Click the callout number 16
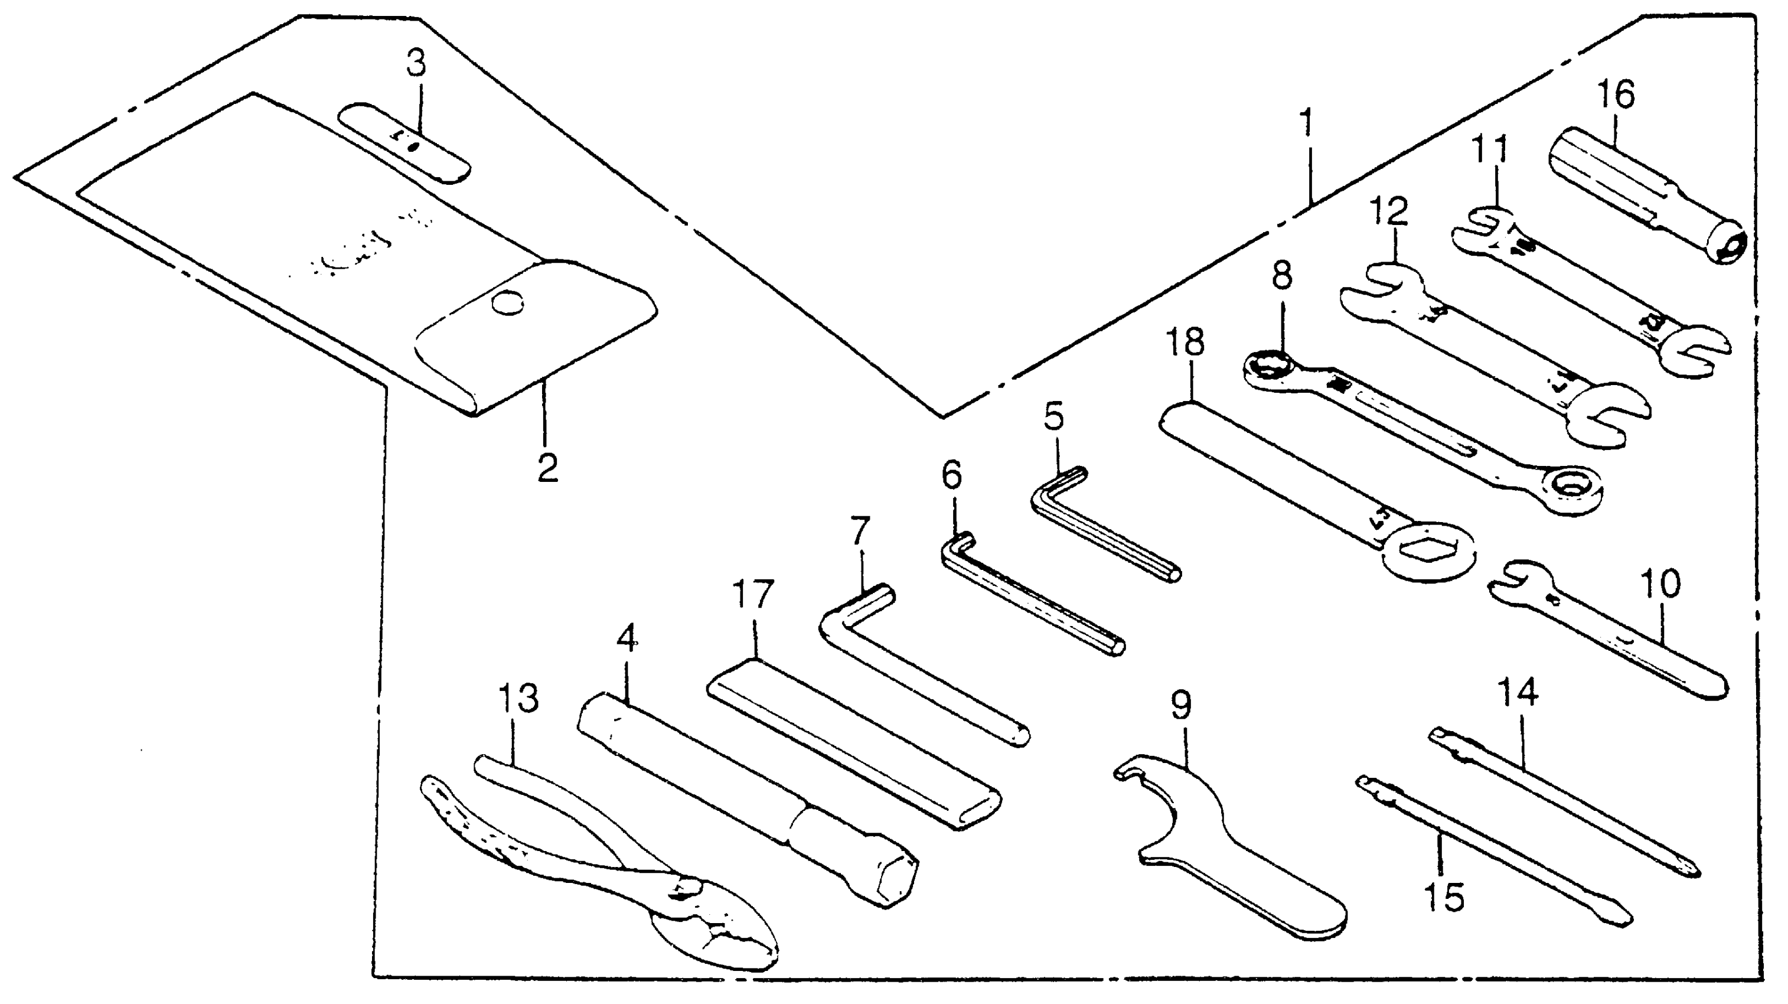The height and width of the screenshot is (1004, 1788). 1616,95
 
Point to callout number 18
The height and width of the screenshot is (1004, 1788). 1186,343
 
